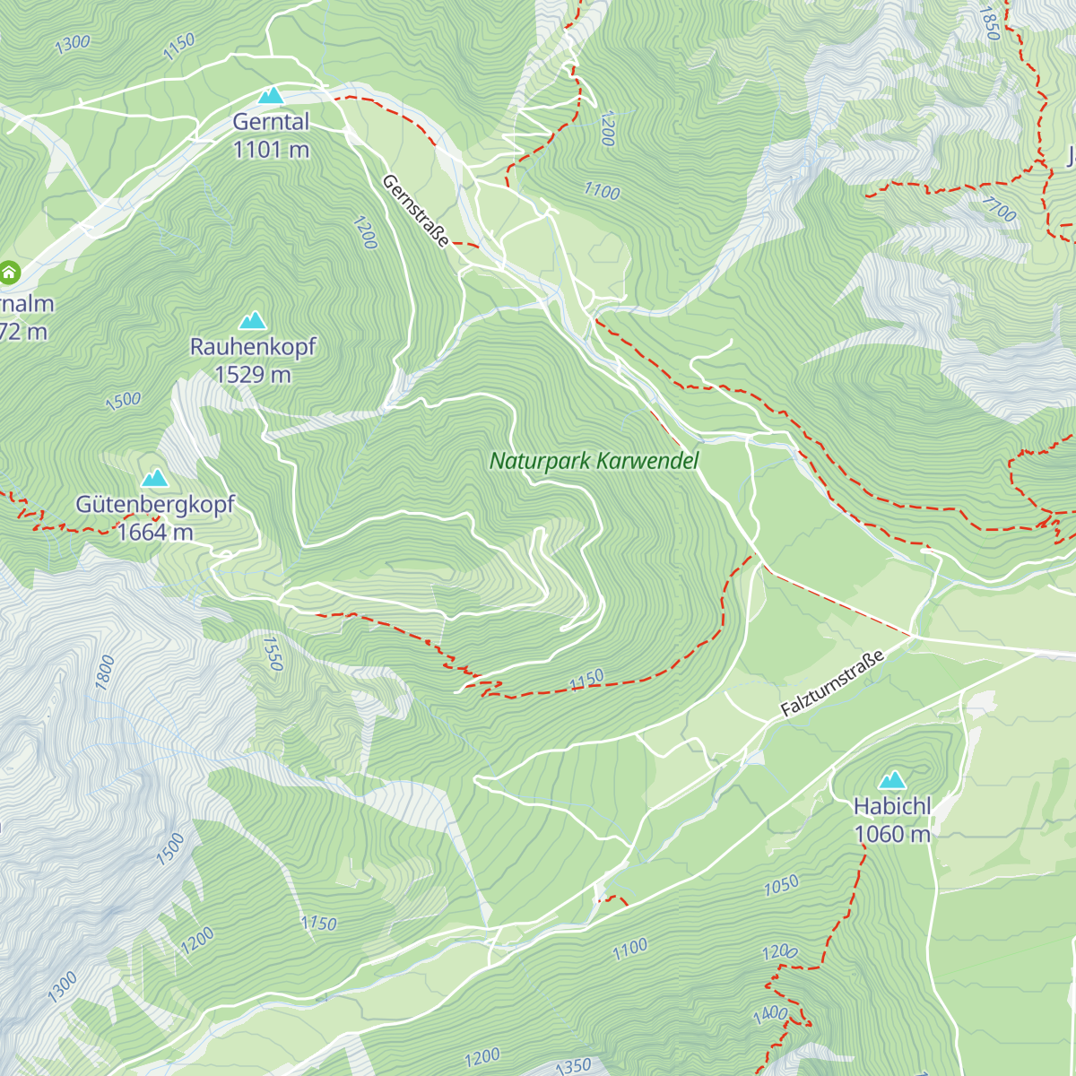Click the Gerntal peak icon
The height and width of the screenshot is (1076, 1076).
(270, 95)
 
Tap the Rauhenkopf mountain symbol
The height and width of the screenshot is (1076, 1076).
(252, 320)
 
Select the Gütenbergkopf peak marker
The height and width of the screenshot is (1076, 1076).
(154, 478)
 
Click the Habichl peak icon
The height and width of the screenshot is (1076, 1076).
(891, 780)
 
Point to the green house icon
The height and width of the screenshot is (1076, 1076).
(10, 272)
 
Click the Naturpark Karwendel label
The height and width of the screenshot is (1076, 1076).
(594, 461)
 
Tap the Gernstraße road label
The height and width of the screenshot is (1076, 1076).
(416, 211)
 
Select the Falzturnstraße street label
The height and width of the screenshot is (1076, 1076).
(832, 683)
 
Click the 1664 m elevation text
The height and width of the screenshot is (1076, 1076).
(155, 533)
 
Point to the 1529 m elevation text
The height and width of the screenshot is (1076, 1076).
(253, 375)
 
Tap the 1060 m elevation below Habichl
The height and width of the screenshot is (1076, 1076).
(892, 835)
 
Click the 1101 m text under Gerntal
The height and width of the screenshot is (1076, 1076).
(271, 150)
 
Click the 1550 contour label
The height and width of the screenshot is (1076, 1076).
(273, 654)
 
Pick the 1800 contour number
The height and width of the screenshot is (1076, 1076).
(105, 672)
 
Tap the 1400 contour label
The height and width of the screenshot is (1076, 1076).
(769, 1016)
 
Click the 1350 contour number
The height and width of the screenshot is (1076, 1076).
(573, 1066)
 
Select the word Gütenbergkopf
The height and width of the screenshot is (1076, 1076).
(155, 505)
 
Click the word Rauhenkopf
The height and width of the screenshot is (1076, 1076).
(253, 347)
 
